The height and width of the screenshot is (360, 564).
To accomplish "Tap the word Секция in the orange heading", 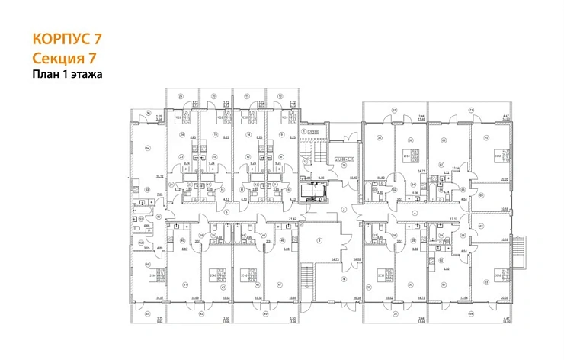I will click(55, 58).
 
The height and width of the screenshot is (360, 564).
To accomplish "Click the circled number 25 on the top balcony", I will click(180, 95).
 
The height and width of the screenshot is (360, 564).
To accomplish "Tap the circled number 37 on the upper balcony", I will click(395, 110).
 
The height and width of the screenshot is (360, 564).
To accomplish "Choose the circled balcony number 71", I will click(471, 110).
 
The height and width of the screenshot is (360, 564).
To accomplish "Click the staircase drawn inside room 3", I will click(309, 275).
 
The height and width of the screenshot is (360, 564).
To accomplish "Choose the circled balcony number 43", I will click(200, 313).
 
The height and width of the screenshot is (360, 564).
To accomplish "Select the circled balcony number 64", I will click(471, 313).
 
